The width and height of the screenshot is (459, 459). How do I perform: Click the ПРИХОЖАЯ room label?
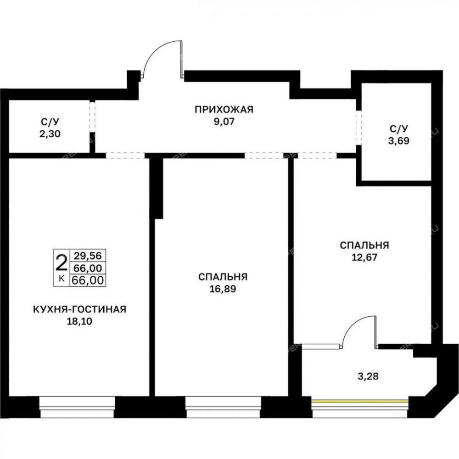click(x=224, y=110)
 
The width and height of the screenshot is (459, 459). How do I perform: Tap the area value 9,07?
click(x=224, y=122)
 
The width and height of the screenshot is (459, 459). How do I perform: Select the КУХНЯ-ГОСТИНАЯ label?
click(x=79, y=309)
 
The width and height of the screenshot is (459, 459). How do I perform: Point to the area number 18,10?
click(x=79, y=321)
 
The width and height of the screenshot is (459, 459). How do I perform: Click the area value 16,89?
click(x=223, y=289)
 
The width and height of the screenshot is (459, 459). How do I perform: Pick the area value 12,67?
click(x=364, y=257)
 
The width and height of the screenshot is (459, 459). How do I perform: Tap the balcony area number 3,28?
click(x=368, y=376)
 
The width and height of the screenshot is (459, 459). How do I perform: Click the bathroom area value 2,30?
click(x=50, y=134)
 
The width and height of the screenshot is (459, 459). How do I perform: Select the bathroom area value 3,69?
click(x=399, y=141)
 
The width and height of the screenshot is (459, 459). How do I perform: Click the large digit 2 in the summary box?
click(x=62, y=263)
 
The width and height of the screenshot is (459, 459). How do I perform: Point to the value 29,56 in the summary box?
click(x=88, y=256)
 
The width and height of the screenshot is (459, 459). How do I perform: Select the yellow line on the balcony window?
click(x=359, y=401)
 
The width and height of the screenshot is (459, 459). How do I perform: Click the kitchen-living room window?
click(x=77, y=407)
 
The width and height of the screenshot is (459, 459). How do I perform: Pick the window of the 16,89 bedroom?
click(x=223, y=407)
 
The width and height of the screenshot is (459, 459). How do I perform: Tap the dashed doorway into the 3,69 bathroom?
click(x=359, y=128)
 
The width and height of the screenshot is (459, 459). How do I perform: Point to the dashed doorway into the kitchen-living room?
click(x=125, y=156)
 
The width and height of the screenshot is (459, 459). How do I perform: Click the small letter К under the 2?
click(x=62, y=279)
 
